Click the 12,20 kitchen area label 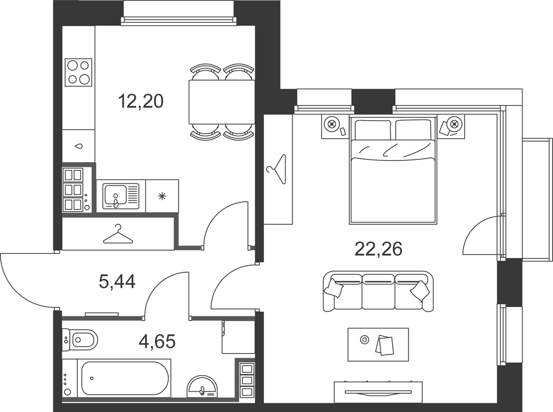pos(141,101)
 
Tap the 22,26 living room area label pos(378,249)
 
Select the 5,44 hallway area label pos(117,281)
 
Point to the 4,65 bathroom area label pos(157,341)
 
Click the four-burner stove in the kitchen pos(78,72)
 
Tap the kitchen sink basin pos(116,195)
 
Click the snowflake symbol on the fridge pos(162,196)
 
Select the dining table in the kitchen pos(222,102)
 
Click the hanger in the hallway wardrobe pos(118,234)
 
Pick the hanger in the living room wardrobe pos(277,169)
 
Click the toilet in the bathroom pos(80,340)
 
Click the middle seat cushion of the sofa pos(378,292)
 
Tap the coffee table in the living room pos(378,344)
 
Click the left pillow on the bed pos(373,130)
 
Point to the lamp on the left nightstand pos(332,124)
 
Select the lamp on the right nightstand pos(454,124)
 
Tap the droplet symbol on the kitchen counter pos(79,146)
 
